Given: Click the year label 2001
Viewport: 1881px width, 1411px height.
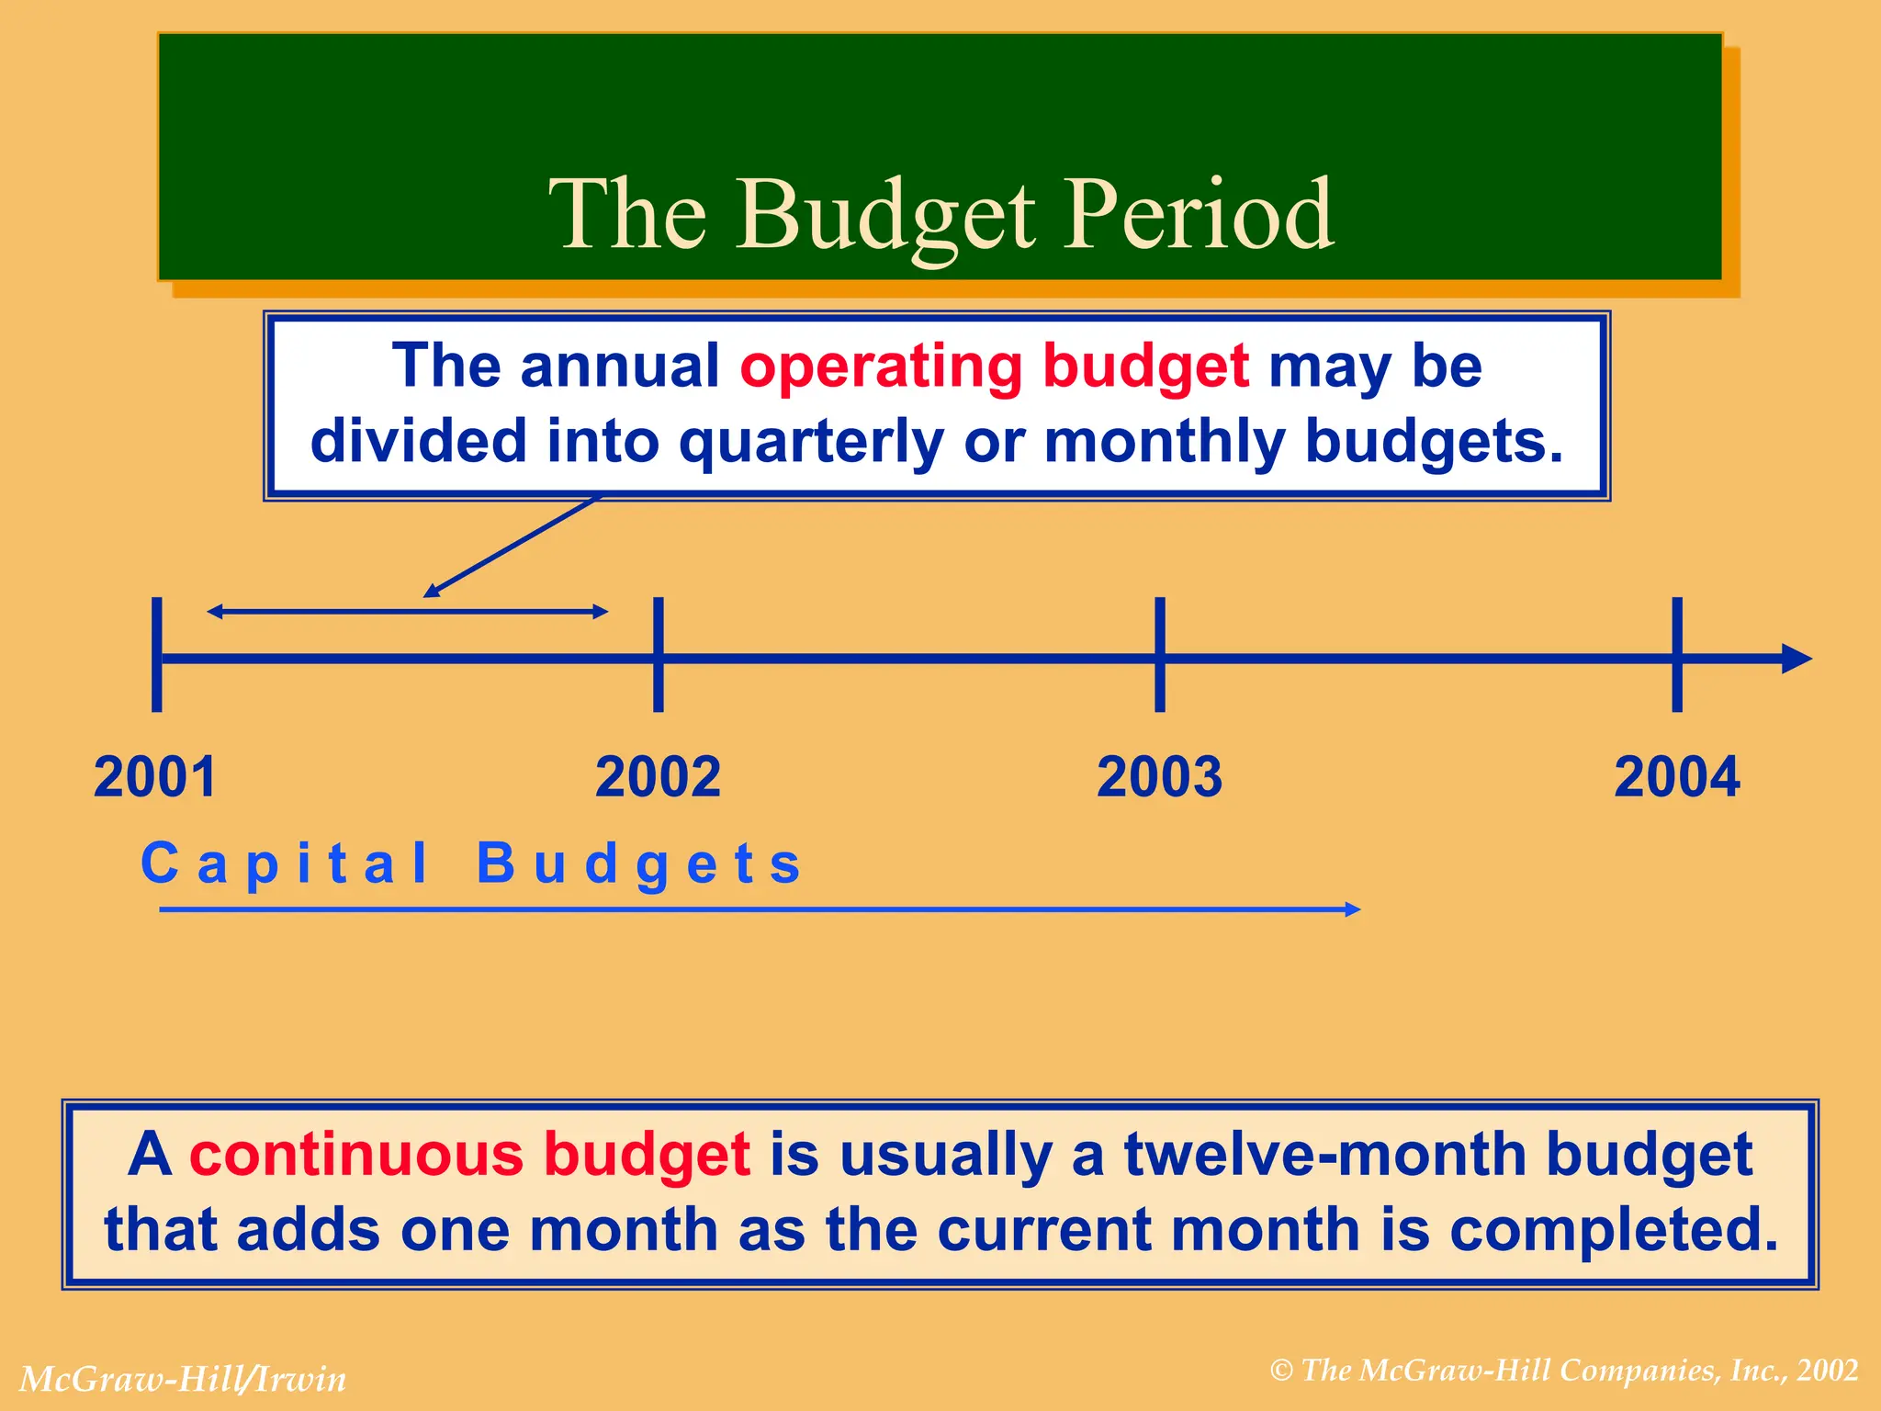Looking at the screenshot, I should (155, 777).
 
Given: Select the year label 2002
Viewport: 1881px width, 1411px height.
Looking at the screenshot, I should (658, 777).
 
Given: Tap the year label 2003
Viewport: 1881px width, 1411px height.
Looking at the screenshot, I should (1159, 777).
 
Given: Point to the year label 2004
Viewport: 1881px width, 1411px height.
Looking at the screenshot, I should (1676, 777).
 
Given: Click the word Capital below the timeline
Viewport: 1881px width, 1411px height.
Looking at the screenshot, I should (285, 864).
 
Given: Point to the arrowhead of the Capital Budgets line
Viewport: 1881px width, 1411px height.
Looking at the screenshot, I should (1352, 909).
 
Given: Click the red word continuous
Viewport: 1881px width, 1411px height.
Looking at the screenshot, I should (356, 1154).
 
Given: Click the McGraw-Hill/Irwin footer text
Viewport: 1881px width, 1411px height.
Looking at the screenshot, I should (183, 1379).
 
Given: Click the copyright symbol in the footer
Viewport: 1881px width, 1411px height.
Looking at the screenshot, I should (1281, 1371).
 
